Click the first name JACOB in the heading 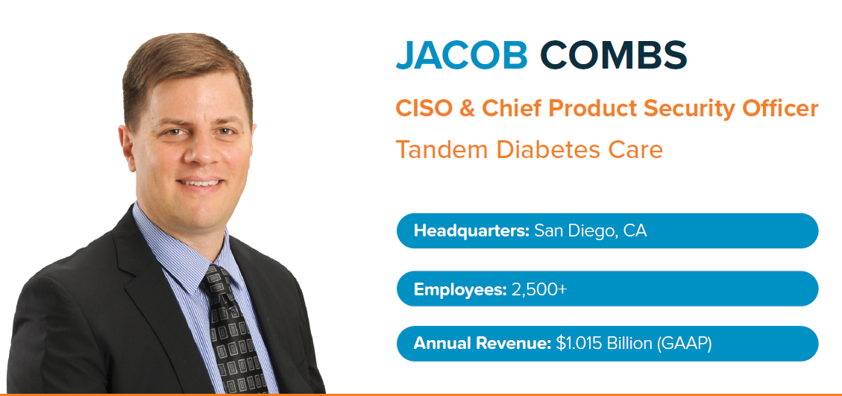462,54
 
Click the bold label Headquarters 471,231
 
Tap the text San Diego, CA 590,232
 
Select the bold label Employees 460,289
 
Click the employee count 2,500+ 539,289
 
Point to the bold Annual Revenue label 483,343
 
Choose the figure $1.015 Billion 603,343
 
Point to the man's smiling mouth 200,183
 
